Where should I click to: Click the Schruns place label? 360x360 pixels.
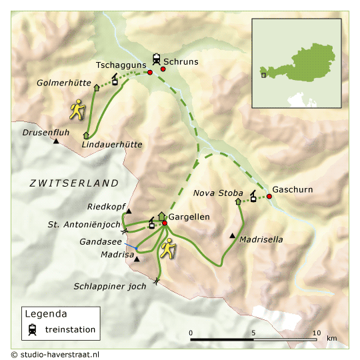[x=181, y=61]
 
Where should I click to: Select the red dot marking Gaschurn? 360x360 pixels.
[x=269, y=196]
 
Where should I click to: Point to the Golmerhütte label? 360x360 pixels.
[x=63, y=83]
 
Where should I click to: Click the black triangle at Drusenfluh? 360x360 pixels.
[x=57, y=141]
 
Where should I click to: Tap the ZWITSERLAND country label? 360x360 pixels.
[x=73, y=183]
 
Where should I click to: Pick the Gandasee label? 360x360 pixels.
[x=101, y=241]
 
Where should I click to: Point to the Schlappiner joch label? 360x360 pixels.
[x=109, y=286]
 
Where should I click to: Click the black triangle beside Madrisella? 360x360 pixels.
[x=232, y=235]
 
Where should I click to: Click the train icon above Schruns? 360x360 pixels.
[x=157, y=58]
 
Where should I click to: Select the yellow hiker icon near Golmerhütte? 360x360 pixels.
[x=79, y=109]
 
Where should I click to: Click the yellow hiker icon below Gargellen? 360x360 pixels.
[x=169, y=248]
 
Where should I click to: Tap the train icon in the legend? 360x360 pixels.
[x=32, y=329]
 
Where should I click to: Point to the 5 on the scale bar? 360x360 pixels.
[x=253, y=332]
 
